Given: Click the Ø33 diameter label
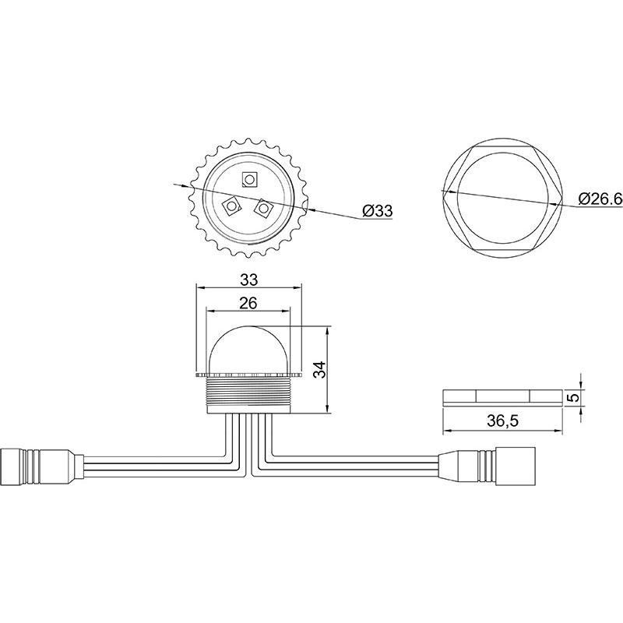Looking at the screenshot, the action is [x=377, y=210].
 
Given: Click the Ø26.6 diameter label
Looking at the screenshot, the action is [x=600, y=199].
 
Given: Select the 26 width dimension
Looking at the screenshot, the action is [x=248, y=303].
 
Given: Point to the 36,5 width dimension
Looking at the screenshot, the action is [x=502, y=421].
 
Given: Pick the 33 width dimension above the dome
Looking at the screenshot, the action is [x=248, y=280].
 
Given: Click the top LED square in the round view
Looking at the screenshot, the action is [x=249, y=180].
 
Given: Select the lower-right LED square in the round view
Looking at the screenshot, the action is [x=264, y=208].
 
